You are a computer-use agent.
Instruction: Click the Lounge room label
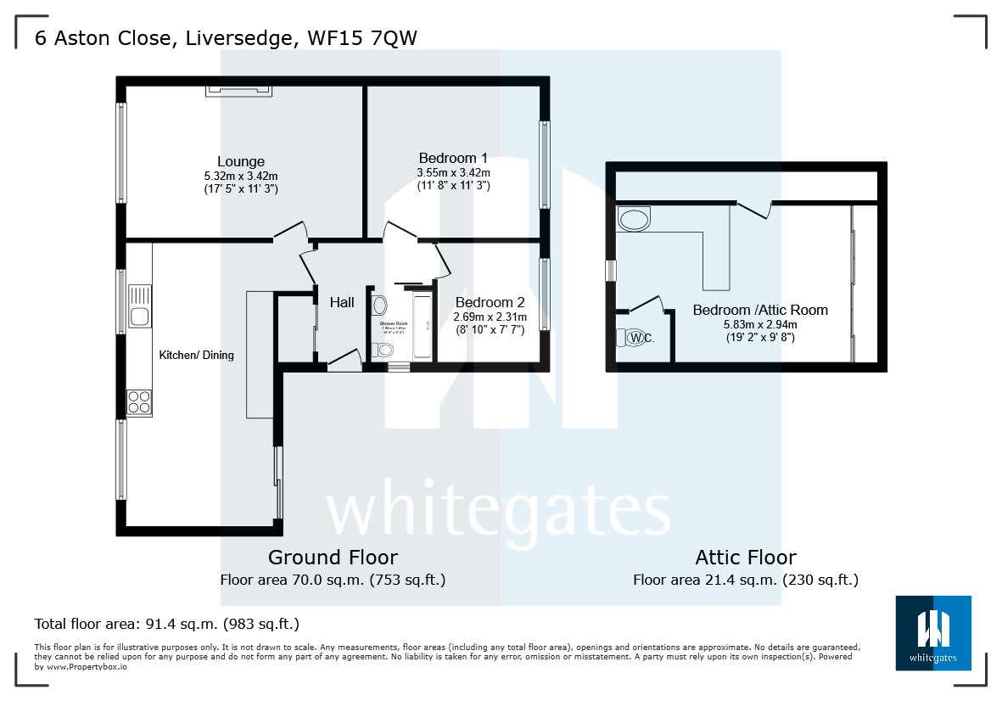click(x=241, y=161)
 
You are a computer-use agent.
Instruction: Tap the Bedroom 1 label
click(x=453, y=158)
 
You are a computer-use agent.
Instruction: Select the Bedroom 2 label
click(x=490, y=302)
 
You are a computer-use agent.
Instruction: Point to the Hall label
click(x=342, y=302)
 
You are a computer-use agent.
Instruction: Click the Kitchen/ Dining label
click(x=196, y=355)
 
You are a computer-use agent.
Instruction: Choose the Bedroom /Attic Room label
click(x=760, y=310)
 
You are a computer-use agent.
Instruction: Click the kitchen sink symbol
click(x=139, y=308)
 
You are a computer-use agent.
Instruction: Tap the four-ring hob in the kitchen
click(x=139, y=401)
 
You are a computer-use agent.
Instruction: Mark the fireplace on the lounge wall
click(x=238, y=89)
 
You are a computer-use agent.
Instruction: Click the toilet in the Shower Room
click(x=385, y=350)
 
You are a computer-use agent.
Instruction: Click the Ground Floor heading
click(x=333, y=558)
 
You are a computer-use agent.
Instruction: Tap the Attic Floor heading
click(x=745, y=558)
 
